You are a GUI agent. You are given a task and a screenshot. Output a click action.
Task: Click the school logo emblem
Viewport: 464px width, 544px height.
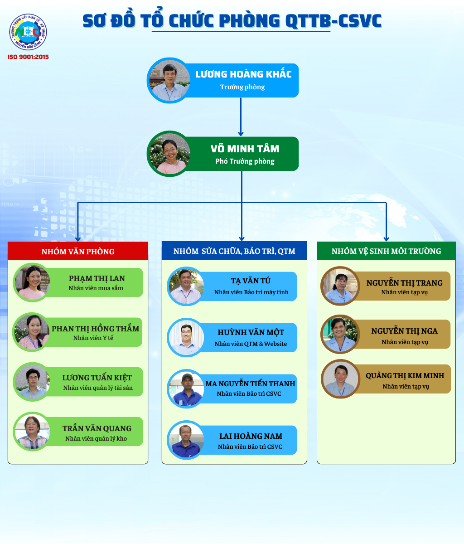click(28, 32)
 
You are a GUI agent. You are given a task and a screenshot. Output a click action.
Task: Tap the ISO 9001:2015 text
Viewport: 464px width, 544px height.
click(28, 57)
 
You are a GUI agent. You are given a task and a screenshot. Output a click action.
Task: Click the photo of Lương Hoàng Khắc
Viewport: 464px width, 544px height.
click(169, 81)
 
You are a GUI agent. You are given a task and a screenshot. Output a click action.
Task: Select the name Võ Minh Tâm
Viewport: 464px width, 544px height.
click(245, 149)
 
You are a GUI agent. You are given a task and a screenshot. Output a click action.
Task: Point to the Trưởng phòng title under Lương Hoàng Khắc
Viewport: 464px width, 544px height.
click(242, 87)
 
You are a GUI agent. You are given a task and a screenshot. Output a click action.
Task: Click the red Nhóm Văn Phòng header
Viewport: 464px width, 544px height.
click(78, 251)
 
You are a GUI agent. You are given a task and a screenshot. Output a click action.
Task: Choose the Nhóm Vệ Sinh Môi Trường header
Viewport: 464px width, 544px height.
click(386, 251)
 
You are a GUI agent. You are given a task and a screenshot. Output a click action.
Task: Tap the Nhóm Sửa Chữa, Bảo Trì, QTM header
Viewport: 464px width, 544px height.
click(234, 251)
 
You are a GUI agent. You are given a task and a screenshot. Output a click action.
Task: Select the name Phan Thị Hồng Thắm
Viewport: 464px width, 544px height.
click(95, 329)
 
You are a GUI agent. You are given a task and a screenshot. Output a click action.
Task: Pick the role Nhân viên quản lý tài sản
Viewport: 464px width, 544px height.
click(98, 388)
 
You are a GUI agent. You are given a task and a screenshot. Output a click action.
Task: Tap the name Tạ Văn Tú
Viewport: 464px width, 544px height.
click(251, 281)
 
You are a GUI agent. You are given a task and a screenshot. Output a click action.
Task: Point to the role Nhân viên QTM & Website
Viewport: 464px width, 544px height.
click(251, 344)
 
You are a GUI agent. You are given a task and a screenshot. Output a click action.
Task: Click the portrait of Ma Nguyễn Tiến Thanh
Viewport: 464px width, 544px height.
click(186, 389)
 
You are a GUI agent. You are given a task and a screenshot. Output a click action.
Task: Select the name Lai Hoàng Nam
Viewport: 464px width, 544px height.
click(251, 436)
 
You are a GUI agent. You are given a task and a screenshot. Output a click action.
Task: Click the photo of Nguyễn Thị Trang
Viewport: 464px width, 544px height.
click(340, 286)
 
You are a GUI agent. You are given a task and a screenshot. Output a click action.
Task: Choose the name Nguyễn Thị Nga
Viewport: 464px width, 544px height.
click(405, 331)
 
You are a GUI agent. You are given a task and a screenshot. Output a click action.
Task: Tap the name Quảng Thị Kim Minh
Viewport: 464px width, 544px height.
click(405, 375)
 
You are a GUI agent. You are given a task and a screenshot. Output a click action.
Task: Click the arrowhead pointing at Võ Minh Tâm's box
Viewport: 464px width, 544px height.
click(241, 134)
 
